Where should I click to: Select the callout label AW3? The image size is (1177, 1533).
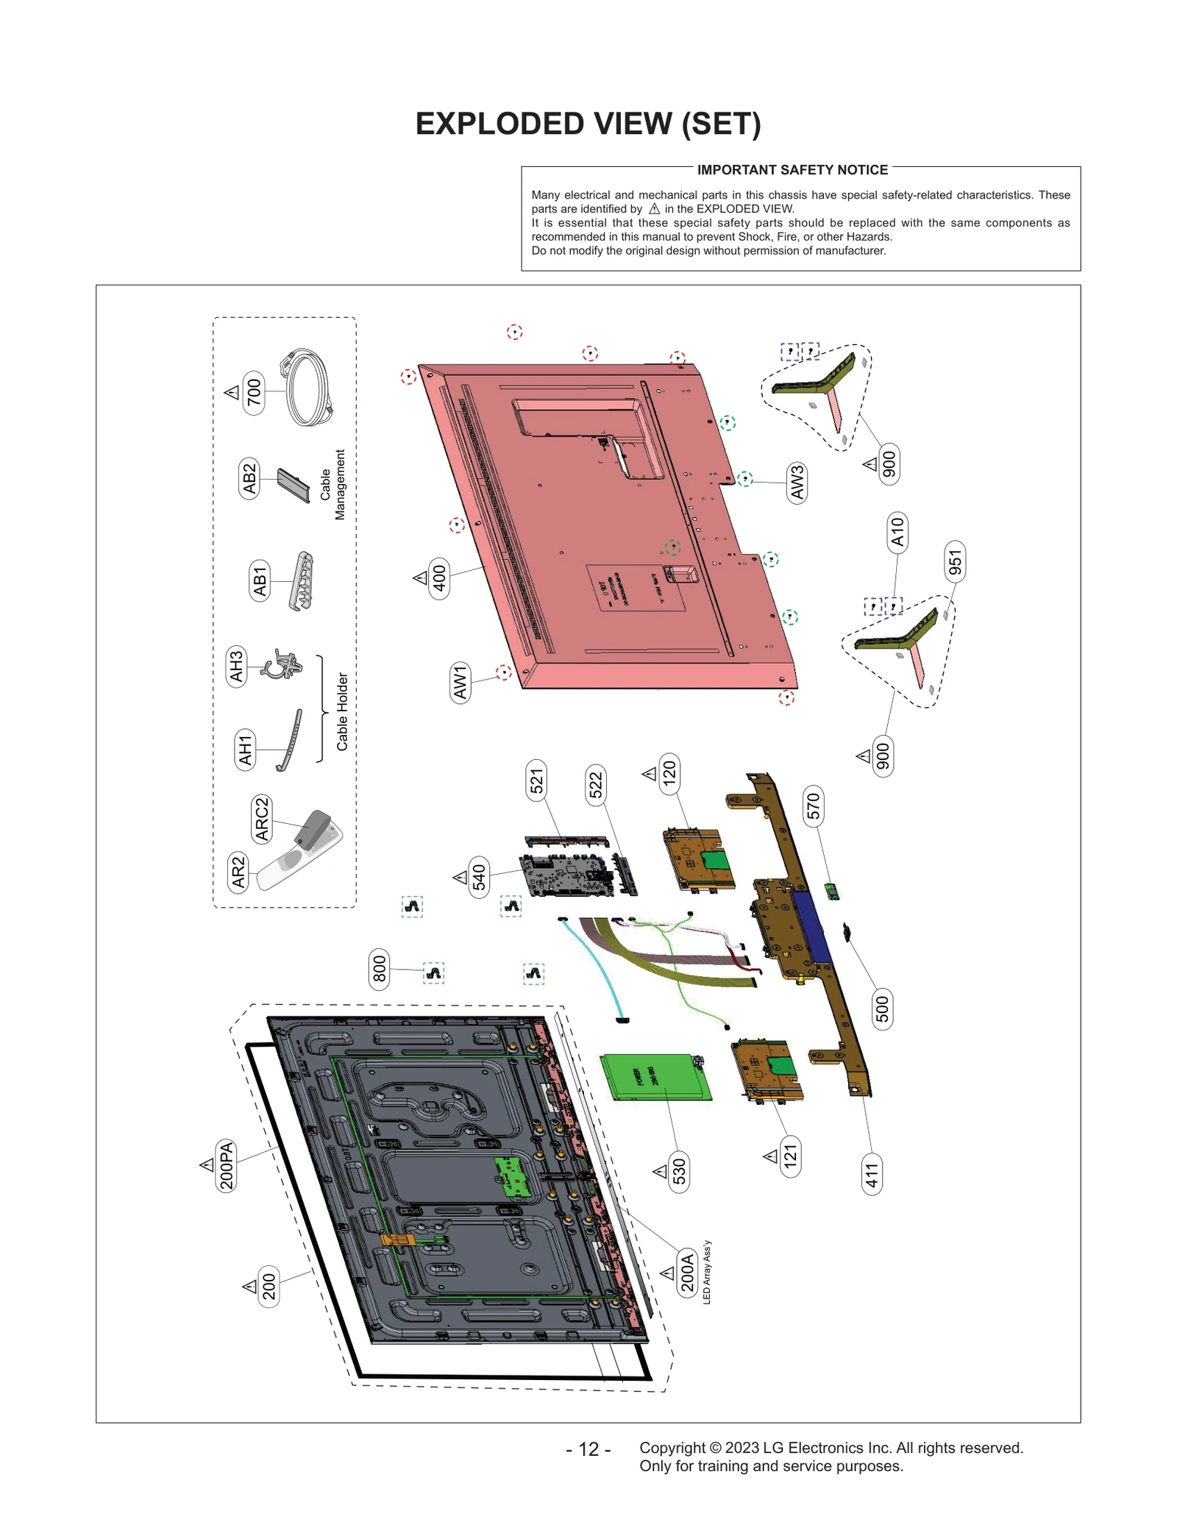[x=797, y=483]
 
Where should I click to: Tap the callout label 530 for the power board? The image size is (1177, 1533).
[x=679, y=1171]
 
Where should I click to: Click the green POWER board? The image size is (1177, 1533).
[x=655, y=1077]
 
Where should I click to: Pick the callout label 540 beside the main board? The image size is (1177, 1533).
[x=479, y=877]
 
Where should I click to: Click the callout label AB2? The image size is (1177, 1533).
[x=249, y=478]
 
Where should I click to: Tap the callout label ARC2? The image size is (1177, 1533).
[x=262, y=819]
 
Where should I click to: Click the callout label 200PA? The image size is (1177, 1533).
[x=227, y=1164]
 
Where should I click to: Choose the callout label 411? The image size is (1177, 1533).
[x=872, y=1175]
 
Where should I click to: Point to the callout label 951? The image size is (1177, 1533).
[x=955, y=562]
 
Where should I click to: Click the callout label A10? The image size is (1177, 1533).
[x=897, y=532]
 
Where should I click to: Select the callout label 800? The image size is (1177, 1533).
[x=379, y=969]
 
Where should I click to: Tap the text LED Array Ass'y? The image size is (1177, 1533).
[x=707, y=1272]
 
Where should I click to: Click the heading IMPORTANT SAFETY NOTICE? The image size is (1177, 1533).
[x=792, y=170]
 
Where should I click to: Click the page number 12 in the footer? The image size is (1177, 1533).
[x=588, y=1448]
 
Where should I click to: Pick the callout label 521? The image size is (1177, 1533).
[x=536, y=781]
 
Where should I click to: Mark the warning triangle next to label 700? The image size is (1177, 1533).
[x=232, y=392]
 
